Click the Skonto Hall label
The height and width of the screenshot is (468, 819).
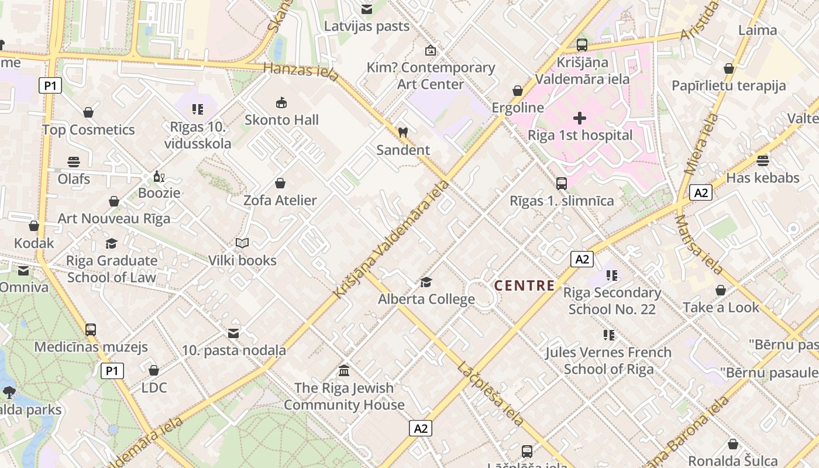pos(281,120)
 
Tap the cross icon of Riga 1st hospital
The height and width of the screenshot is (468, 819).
pos(580,119)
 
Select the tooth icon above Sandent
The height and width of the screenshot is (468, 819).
pos(402,133)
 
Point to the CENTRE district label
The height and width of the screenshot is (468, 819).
pos(524,285)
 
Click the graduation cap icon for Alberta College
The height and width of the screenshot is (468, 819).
pos(426,283)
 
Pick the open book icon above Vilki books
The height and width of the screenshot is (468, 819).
pos(242,243)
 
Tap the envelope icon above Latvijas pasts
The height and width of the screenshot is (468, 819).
pos(367,9)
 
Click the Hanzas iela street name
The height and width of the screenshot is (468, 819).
pos(301,71)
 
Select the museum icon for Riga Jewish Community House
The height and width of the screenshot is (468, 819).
pos(344,371)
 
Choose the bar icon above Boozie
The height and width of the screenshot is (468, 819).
pos(159,176)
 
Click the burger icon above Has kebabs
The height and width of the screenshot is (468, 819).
pos(762,161)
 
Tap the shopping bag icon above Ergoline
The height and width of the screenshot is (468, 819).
pos(518,91)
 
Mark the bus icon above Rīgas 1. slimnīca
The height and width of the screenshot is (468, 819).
pos(562,184)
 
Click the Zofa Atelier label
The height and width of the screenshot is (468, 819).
pos(280,201)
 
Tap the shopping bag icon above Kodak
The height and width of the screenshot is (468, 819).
pos(34,226)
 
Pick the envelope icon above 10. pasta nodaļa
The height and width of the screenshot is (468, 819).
pos(233,333)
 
